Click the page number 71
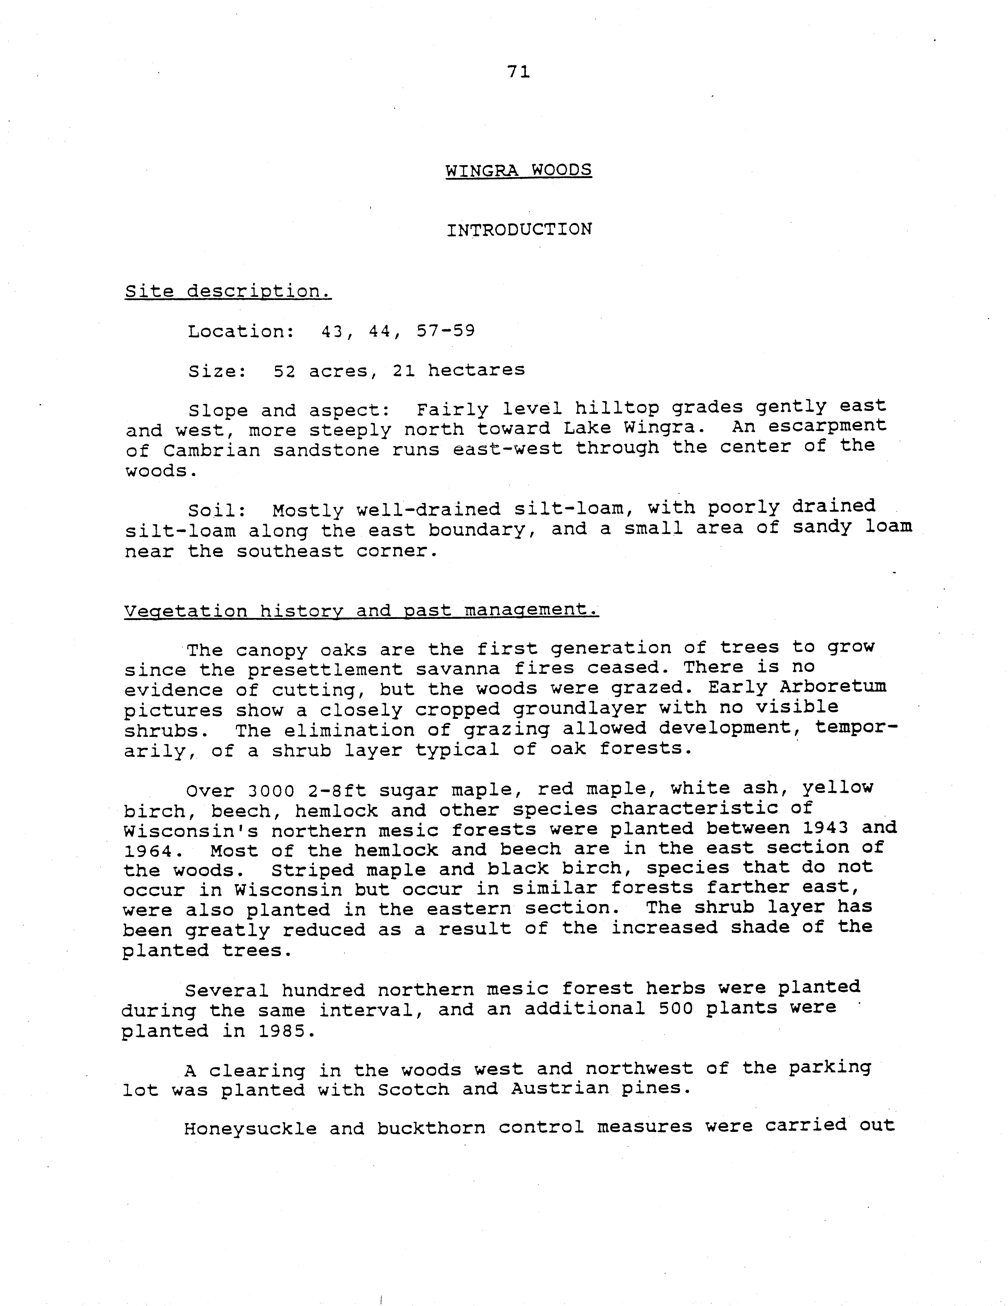518,72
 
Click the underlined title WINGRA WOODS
518,170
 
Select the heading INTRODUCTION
519,230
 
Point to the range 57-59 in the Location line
445,331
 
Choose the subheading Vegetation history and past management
361,611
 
